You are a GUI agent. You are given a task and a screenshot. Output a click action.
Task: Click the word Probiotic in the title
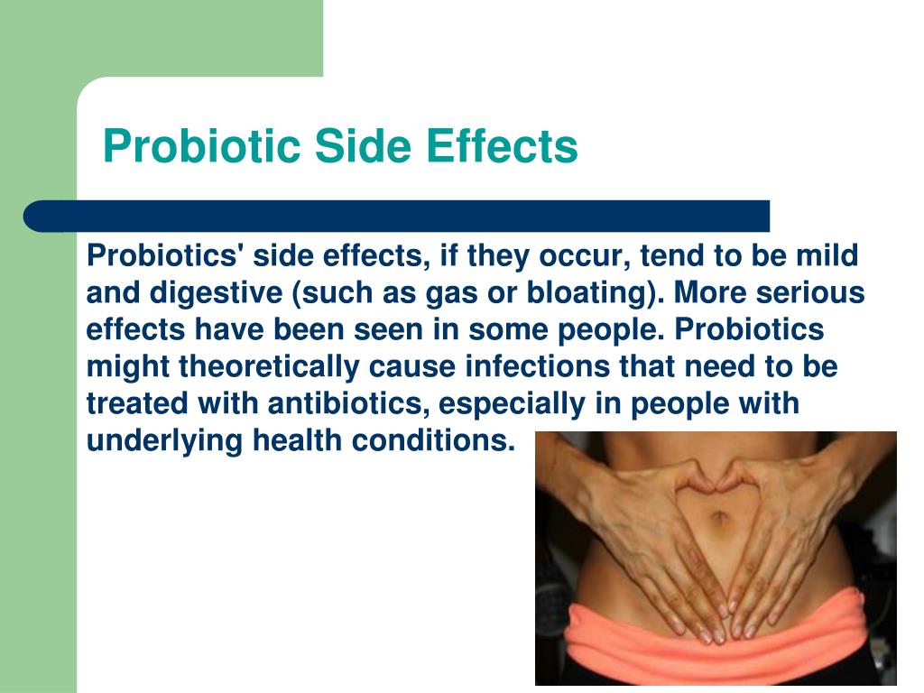201,146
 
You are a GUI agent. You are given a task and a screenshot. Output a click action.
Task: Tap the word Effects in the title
502,146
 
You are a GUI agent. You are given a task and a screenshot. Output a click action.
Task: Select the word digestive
217,293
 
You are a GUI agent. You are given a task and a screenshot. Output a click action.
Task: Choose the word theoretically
269,367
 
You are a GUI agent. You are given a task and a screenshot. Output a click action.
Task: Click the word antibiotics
349,403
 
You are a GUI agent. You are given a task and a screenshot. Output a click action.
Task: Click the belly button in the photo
719,517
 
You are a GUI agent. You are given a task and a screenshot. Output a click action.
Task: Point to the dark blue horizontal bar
397,217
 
